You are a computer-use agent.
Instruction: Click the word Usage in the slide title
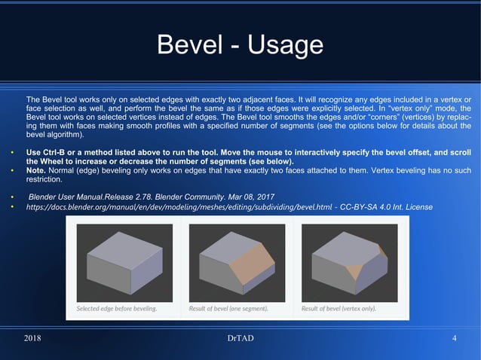(x=280, y=47)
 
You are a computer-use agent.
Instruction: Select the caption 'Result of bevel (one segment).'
(x=228, y=309)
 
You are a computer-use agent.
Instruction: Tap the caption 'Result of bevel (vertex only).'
(x=339, y=309)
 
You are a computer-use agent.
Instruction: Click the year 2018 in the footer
(x=33, y=338)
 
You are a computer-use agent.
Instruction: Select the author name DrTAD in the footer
(x=240, y=338)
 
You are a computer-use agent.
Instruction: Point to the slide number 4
(x=455, y=338)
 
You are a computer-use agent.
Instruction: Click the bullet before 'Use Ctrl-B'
(x=11, y=154)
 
